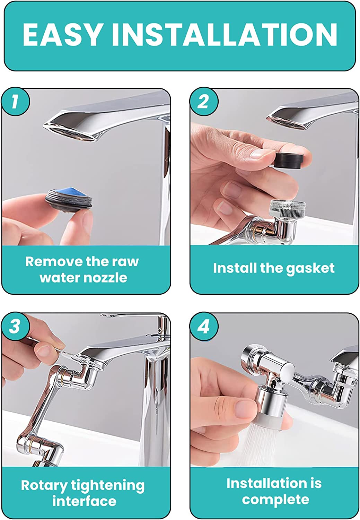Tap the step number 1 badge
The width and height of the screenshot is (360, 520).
[15, 102]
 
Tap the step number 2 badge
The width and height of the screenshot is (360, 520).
[203, 102]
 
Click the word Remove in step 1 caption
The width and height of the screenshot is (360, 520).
[54, 262]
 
